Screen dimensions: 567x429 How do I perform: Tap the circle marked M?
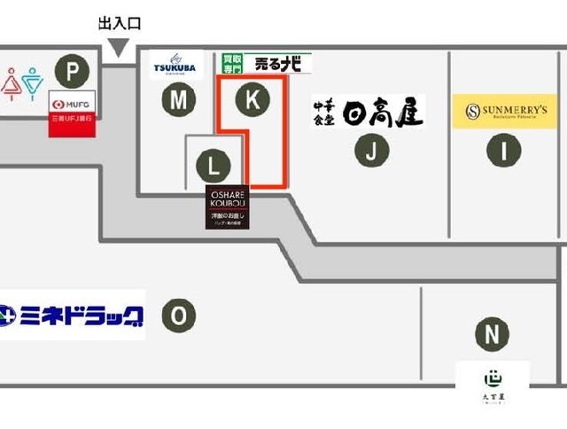click(179, 101)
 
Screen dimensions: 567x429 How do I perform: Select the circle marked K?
click(252, 101)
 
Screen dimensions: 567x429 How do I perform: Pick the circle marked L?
click(213, 165)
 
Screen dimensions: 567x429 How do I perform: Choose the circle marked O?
click(179, 315)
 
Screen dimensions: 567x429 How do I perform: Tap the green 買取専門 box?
click(232, 64)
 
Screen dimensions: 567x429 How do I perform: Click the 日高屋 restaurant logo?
click(369, 112)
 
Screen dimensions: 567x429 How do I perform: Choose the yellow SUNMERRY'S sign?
click(505, 112)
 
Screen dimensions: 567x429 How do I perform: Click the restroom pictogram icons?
click(21, 82)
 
